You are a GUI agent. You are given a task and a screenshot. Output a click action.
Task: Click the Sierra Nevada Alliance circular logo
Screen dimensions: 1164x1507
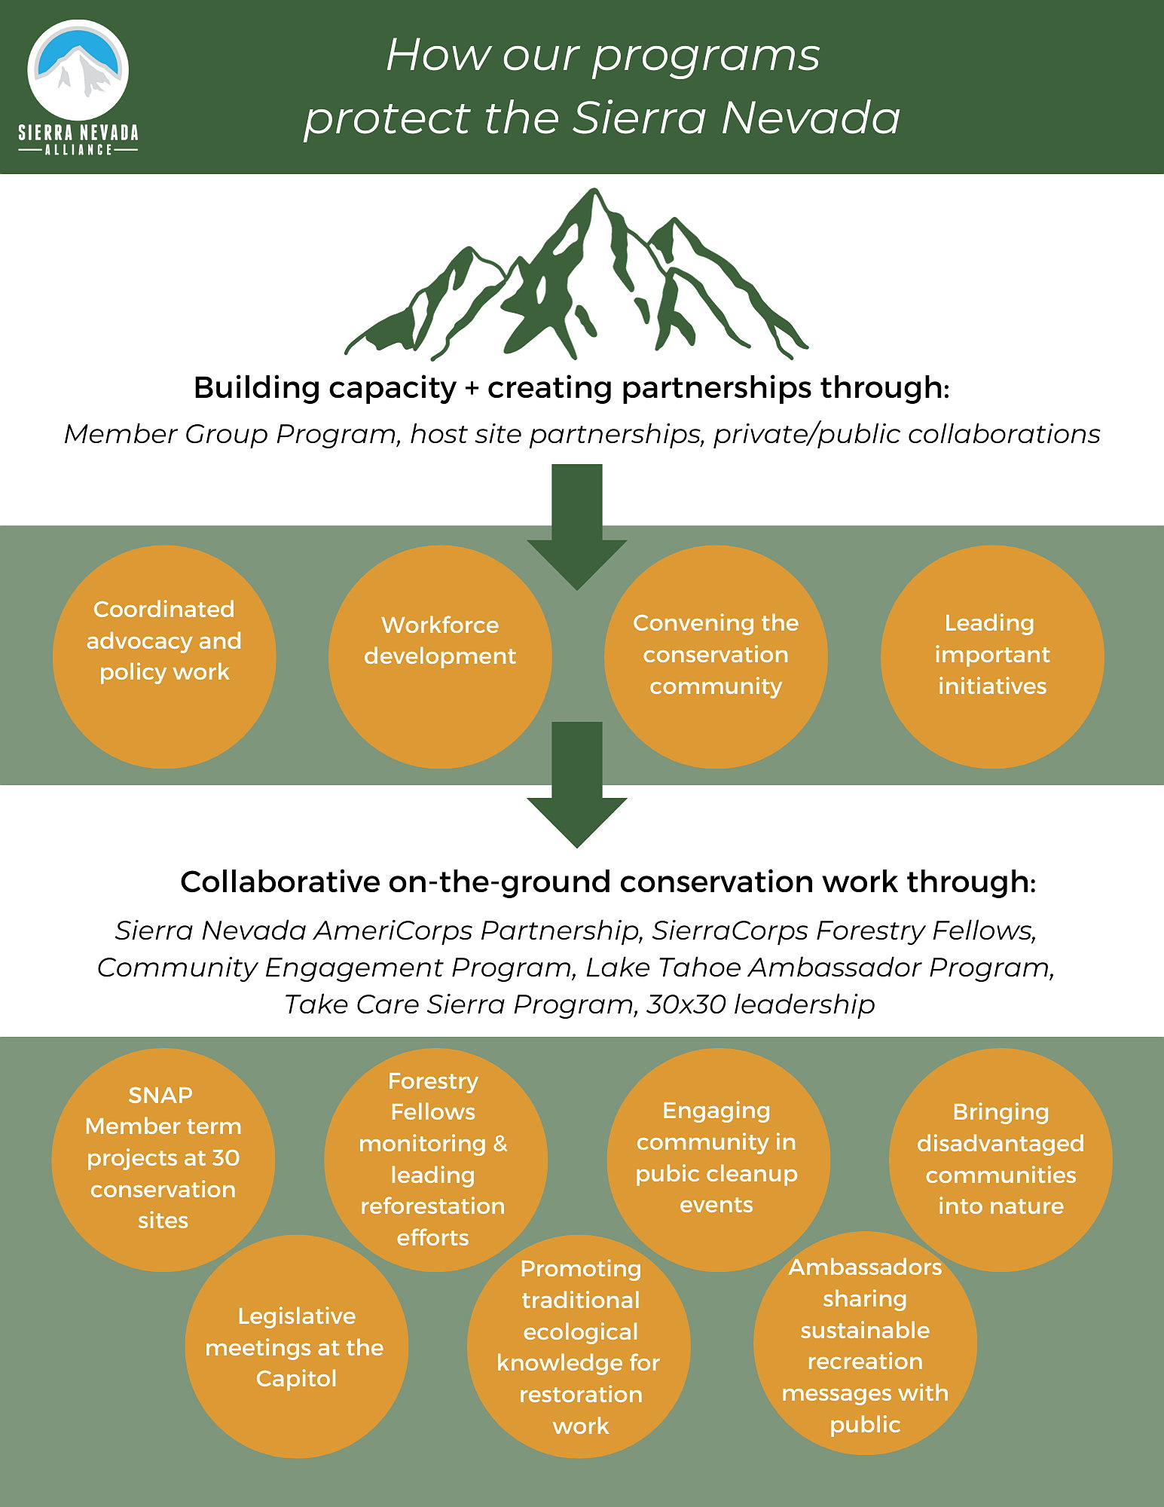[78, 70]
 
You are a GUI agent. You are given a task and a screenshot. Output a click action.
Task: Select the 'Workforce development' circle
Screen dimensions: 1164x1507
[440, 657]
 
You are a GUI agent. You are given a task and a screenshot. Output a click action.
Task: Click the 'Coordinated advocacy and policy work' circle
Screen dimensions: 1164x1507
[164, 657]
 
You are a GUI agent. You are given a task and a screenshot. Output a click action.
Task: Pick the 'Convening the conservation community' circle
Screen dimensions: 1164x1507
[716, 657]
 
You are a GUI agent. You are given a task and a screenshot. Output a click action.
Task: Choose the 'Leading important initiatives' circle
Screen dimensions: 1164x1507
[992, 657]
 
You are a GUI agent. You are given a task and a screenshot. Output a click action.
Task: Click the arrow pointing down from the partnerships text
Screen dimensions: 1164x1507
[577, 527]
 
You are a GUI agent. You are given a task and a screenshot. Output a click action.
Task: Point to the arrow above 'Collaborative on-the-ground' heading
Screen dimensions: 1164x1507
[577, 784]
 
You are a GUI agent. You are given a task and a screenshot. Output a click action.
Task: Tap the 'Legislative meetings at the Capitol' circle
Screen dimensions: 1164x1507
[296, 1347]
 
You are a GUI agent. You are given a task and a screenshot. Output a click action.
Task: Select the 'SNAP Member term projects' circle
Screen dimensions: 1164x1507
[163, 1160]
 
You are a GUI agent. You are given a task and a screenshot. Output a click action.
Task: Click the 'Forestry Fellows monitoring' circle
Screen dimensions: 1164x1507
[435, 1160]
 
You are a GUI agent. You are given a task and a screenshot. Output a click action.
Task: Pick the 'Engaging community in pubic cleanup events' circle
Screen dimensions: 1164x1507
[719, 1160]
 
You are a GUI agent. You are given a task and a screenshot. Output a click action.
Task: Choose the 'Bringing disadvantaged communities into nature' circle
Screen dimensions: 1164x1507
[1001, 1160]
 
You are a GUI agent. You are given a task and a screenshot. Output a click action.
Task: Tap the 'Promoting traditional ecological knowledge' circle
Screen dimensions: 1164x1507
[579, 1347]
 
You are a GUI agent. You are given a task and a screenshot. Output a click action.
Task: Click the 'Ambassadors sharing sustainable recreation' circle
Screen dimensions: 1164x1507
[865, 1343]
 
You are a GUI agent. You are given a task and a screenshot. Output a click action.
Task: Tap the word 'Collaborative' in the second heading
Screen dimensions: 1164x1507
[280, 882]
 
